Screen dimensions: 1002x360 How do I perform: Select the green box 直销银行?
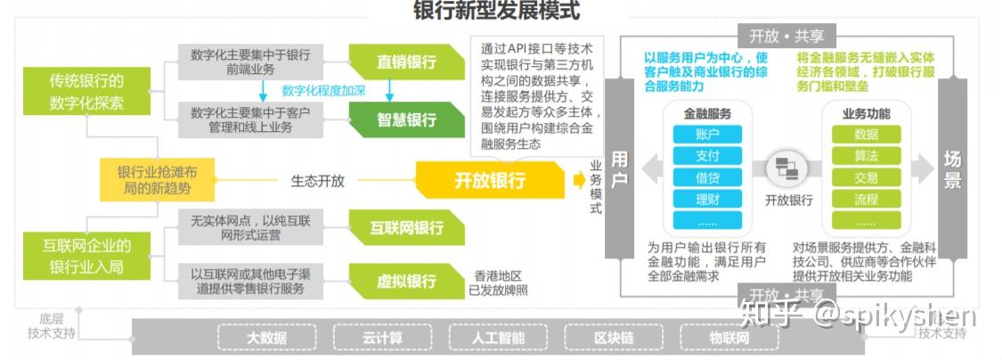(406, 62)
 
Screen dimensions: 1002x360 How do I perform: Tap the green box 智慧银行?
(406, 119)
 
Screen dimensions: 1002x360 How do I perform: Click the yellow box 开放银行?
(490, 180)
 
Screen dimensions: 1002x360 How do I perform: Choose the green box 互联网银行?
(406, 227)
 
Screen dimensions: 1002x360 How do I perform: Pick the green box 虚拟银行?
(406, 281)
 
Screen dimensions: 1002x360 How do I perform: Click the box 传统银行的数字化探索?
(86, 92)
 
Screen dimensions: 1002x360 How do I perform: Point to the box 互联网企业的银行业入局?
(86, 255)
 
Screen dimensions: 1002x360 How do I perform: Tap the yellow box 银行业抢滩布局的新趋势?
(156, 181)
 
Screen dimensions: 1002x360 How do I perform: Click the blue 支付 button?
(707, 156)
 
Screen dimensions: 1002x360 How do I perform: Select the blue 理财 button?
(707, 199)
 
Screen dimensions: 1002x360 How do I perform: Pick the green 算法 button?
(866, 156)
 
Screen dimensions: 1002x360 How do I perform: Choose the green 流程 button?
(866, 199)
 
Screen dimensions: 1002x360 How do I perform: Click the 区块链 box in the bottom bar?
(614, 339)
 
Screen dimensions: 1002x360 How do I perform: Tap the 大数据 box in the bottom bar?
(266, 339)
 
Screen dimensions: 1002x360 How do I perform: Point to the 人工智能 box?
(499, 339)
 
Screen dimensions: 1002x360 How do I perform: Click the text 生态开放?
(318, 181)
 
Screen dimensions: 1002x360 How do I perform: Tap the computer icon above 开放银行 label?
(788, 167)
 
